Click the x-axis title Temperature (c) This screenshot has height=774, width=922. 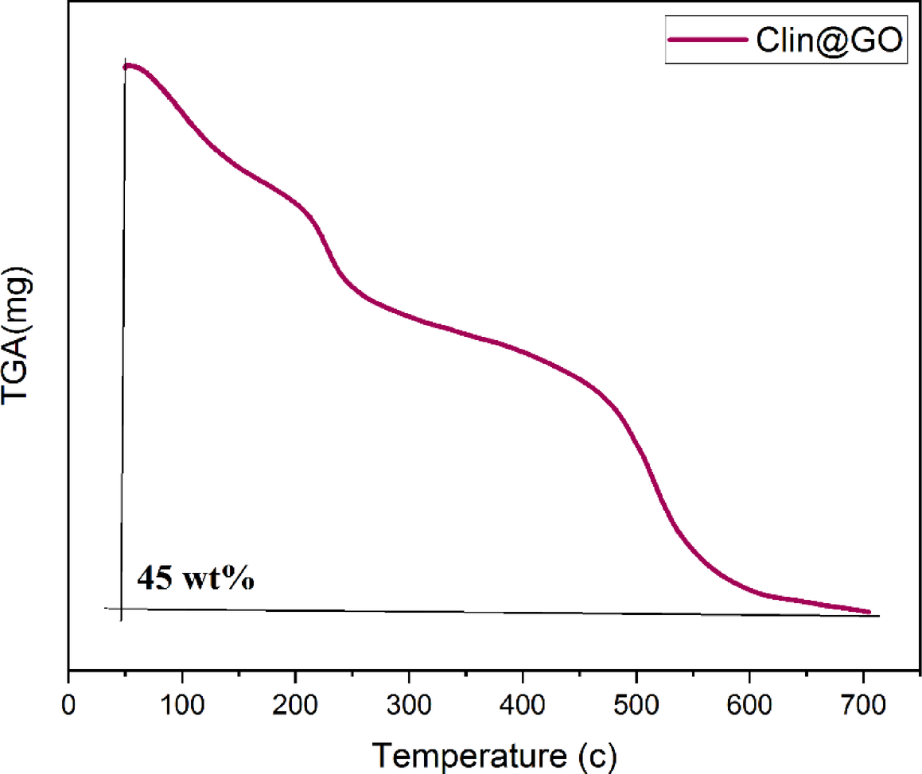tap(493, 751)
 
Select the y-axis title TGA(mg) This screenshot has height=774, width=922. tap(19, 339)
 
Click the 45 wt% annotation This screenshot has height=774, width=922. tap(196, 578)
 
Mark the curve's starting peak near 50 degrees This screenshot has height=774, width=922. tap(129, 65)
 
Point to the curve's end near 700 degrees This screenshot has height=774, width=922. tap(868, 611)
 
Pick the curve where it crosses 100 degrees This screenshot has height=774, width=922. tap(182, 114)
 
